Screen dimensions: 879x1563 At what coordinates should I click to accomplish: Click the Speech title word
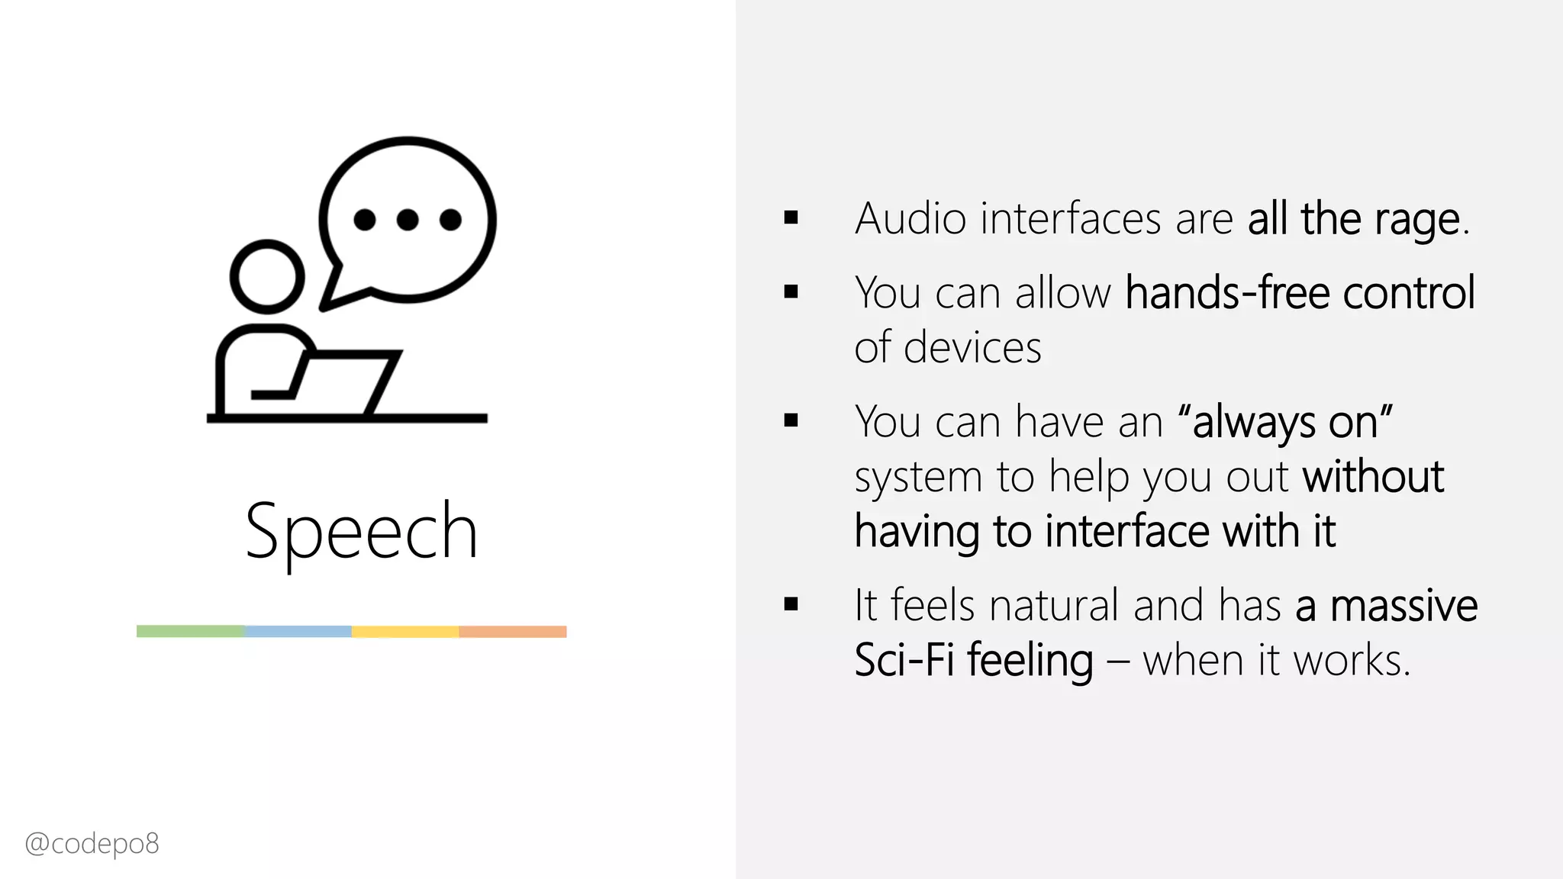coord(361,531)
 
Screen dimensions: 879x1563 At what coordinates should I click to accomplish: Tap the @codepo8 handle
coord(92,844)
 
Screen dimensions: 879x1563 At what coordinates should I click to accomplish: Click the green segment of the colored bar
coord(191,631)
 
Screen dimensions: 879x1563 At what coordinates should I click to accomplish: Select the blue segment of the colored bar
coord(298,631)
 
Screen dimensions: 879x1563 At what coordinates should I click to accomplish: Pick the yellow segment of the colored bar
coord(405,631)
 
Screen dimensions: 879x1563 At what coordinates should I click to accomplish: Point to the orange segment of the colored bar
coord(513,631)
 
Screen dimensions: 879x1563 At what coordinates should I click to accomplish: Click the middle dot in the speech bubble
coord(408,220)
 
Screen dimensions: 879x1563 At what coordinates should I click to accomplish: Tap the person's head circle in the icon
coord(267,277)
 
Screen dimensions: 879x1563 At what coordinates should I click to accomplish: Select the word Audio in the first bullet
coord(910,219)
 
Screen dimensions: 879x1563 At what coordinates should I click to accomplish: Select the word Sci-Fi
coord(904,660)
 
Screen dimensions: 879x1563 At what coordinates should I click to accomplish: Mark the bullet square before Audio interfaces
coord(791,219)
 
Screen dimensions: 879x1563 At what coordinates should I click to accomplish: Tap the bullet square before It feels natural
coord(791,605)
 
